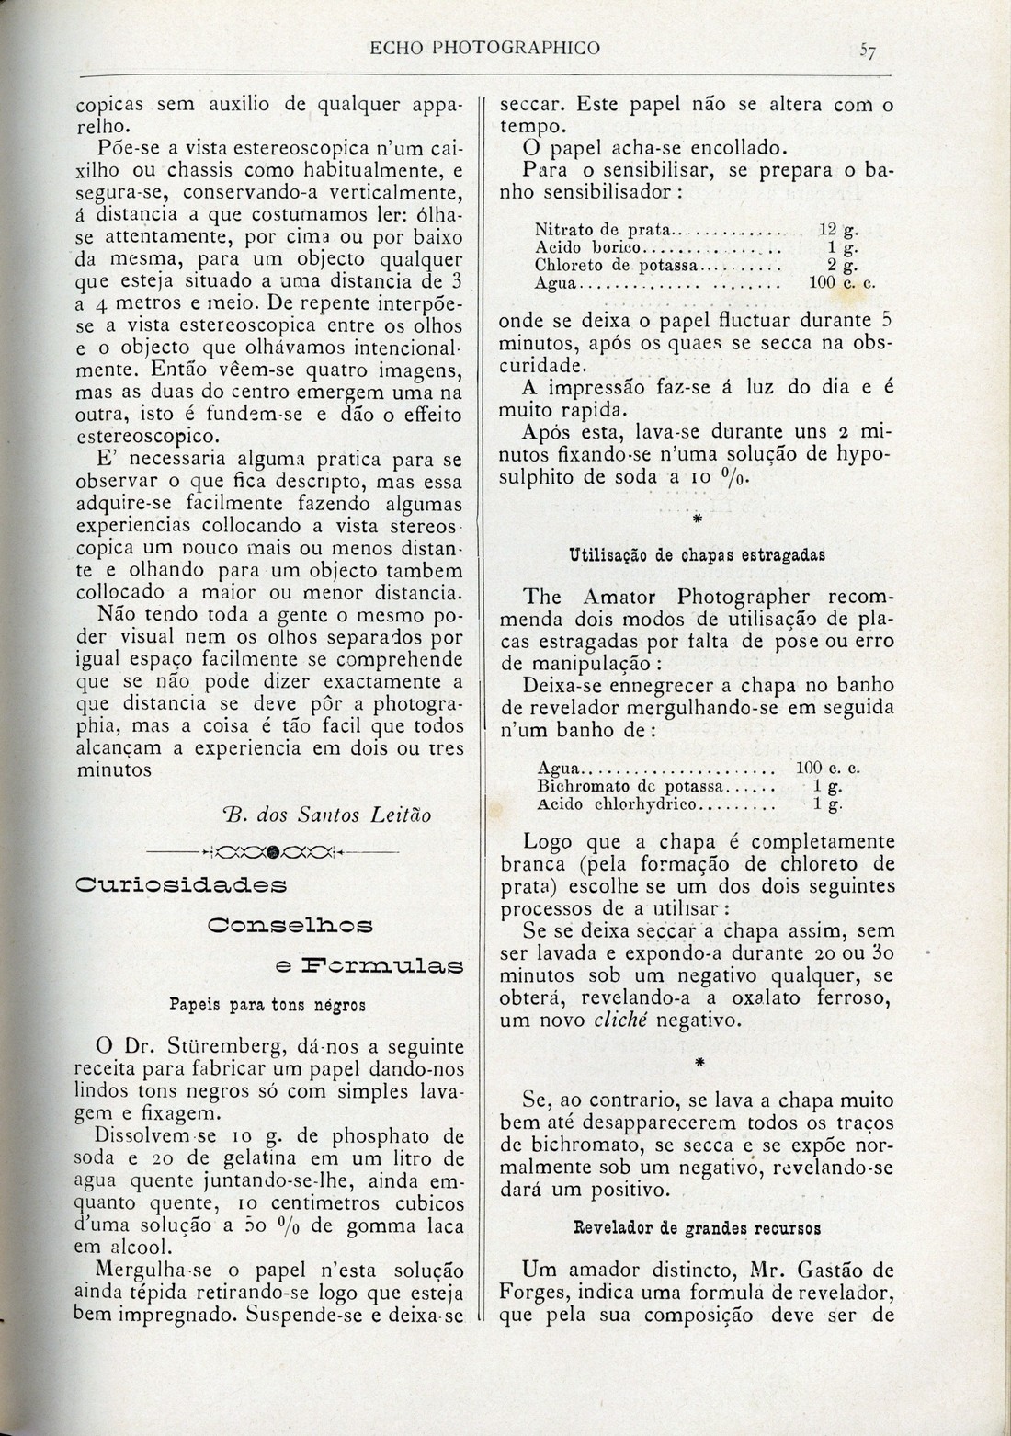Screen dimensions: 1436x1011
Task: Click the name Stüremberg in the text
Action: [x=247, y=1046]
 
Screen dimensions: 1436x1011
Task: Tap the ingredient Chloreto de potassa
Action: [x=616, y=266]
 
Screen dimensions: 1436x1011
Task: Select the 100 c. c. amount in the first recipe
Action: [x=841, y=283]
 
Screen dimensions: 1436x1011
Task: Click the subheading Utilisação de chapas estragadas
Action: [x=698, y=555]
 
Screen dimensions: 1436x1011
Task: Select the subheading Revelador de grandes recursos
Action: [x=697, y=1227]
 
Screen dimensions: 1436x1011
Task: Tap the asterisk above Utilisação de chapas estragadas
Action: [x=696, y=519]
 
